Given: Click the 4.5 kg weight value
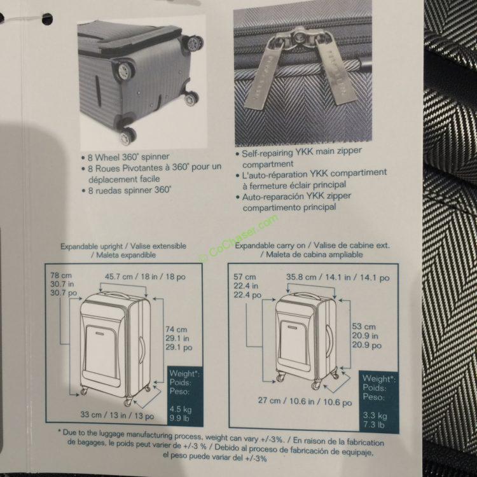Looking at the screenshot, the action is click(181, 409).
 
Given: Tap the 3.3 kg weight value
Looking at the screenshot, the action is click(375, 415).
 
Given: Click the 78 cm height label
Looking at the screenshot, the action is click(61, 275).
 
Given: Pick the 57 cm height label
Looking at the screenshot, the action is click(245, 277).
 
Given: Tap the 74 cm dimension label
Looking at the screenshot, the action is click(176, 329).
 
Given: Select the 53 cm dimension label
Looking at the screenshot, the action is click(364, 326).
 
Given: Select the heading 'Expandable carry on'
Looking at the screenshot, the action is click(272, 245).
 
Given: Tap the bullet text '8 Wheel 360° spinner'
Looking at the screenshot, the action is click(128, 157).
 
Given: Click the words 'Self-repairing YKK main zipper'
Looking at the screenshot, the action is click(301, 152).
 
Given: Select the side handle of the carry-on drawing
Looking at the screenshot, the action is click(329, 340).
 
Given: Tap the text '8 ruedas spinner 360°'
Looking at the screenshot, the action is click(130, 190).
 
